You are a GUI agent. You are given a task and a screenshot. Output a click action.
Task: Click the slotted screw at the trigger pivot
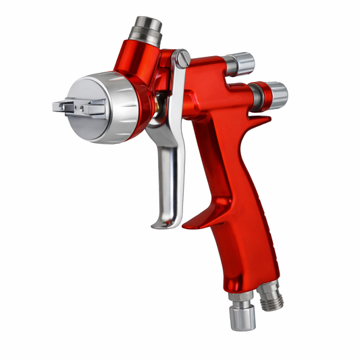(180, 59)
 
